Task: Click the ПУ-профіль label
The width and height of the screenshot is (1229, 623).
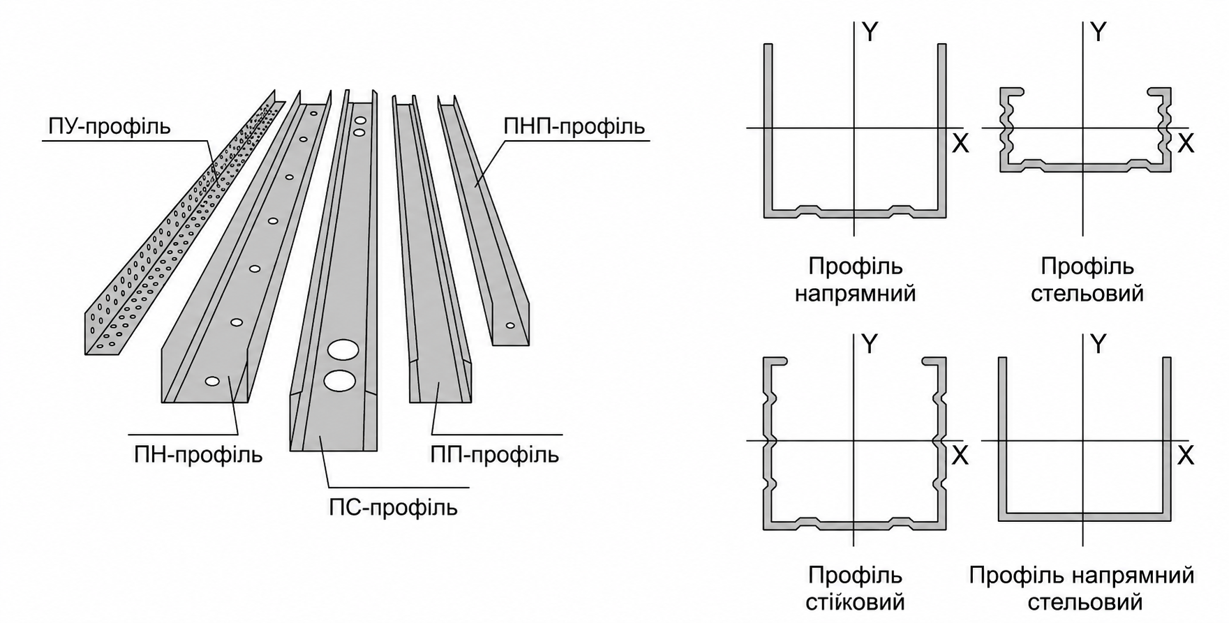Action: pyautogui.click(x=109, y=127)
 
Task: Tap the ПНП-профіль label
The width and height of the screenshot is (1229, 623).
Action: pyautogui.click(x=574, y=127)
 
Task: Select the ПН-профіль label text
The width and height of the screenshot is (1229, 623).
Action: pyautogui.click(x=198, y=455)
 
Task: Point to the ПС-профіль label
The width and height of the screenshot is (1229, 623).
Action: pyautogui.click(x=394, y=507)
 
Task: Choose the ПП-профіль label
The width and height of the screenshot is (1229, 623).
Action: pyautogui.click(x=495, y=455)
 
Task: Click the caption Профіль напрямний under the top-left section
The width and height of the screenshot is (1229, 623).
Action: pyautogui.click(x=855, y=280)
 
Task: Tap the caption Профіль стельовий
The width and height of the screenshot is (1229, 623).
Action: pyautogui.click(x=1087, y=280)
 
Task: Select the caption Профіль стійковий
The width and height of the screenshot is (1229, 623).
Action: pyautogui.click(x=855, y=589)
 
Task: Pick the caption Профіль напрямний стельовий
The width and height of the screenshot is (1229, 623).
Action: pyautogui.click(x=1082, y=589)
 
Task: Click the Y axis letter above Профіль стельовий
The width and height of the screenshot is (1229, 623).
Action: pyautogui.click(x=1098, y=32)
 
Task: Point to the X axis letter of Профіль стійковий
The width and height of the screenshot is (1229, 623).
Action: pyautogui.click(x=960, y=456)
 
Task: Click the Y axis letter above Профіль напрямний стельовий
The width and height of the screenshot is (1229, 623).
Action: pyautogui.click(x=1098, y=344)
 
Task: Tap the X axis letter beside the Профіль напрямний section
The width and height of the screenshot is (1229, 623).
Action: pyautogui.click(x=960, y=144)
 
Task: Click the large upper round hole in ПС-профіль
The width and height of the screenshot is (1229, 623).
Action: pyautogui.click(x=343, y=350)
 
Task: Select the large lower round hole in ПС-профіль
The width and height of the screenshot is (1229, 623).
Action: pyautogui.click(x=340, y=380)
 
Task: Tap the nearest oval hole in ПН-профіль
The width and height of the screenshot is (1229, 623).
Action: pyautogui.click(x=213, y=381)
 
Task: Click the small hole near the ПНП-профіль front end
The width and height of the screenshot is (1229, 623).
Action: pyautogui.click(x=510, y=325)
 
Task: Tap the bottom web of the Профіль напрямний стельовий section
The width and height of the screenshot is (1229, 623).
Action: pyautogui.click(x=1084, y=517)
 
